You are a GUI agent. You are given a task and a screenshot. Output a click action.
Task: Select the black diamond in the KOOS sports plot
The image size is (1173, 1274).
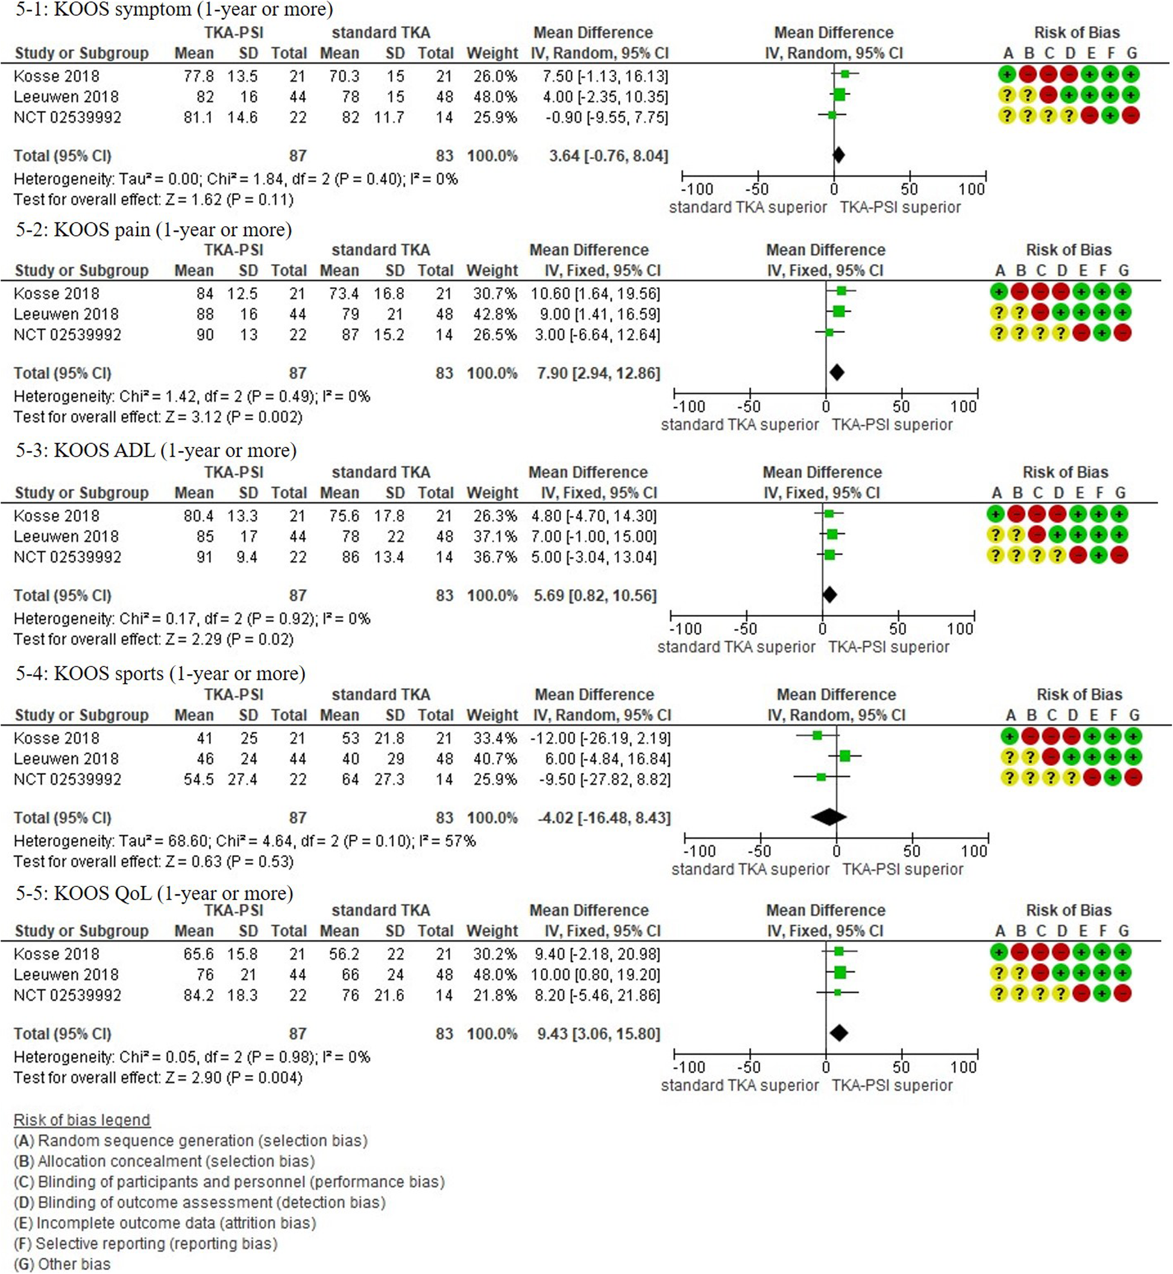(828, 817)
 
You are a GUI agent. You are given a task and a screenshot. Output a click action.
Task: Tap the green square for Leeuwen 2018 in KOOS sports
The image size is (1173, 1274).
(844, 756)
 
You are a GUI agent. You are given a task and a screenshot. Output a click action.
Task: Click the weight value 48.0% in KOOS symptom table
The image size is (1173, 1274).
(494, 96)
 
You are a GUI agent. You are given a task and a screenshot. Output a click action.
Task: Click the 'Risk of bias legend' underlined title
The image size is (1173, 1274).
(82, 1120)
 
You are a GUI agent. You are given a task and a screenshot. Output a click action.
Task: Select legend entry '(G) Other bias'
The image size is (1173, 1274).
(62, 1264)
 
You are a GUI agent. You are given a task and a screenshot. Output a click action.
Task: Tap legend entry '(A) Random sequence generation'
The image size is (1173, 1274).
(190, 1141)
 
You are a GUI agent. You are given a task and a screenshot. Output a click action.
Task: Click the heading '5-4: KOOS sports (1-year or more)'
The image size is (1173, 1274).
(160, 673)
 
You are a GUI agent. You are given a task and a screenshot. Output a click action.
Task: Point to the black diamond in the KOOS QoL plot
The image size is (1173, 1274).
(838, 1033)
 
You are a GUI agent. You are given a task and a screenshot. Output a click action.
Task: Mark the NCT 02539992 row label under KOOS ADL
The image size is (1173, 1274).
(68, 557)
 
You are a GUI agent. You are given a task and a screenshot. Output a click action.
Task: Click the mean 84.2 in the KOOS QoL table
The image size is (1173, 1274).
(198, 995)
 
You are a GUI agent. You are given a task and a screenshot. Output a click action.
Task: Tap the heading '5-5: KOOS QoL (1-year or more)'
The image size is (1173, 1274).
(154, 893)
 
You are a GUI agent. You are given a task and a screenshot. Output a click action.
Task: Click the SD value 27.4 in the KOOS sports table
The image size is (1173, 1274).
(242, 779)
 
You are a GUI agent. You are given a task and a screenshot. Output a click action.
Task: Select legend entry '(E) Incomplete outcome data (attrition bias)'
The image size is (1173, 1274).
(165, 1223)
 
